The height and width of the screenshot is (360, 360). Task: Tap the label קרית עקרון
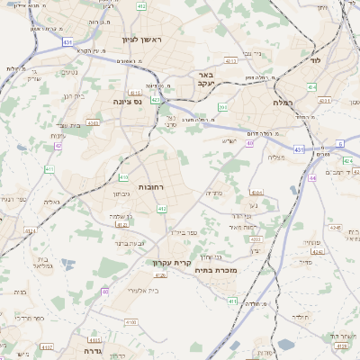click(167, 264)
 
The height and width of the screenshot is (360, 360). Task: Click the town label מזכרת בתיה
click(217, 269)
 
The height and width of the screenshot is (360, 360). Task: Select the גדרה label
click(85, 350)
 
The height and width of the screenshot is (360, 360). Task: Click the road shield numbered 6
click(341, 144)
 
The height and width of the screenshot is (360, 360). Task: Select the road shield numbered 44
click(312, 178)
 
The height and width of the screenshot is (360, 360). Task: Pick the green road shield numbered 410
click(123, 177)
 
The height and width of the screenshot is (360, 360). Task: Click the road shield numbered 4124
click(31, 231)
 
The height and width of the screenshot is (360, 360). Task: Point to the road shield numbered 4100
click(131, 321)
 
